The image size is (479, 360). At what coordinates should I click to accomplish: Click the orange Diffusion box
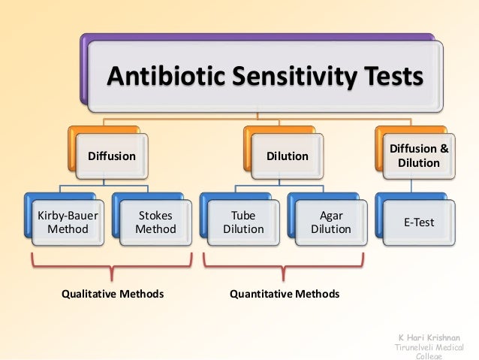(x=112, y=156)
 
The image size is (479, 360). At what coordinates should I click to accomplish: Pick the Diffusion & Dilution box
(x=419, y=156)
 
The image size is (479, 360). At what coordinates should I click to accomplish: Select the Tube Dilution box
(x=243, y=222)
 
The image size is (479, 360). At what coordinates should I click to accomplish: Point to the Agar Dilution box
(x=331, y=222)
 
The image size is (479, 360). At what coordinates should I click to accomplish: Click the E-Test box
(x=419, y=222)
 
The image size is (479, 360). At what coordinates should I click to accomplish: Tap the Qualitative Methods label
(x=112, y=293)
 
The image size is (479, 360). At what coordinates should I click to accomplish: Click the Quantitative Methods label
(x=285, y=293)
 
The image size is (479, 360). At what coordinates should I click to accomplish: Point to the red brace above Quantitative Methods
(x=286, y=265)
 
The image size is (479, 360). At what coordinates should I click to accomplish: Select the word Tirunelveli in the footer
(x=413, y=349)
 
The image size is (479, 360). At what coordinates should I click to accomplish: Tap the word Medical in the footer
(x=452, y=349)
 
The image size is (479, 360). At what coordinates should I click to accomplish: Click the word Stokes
(x=155, y=216)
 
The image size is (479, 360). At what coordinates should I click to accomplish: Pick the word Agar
(x=331, y=216)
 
